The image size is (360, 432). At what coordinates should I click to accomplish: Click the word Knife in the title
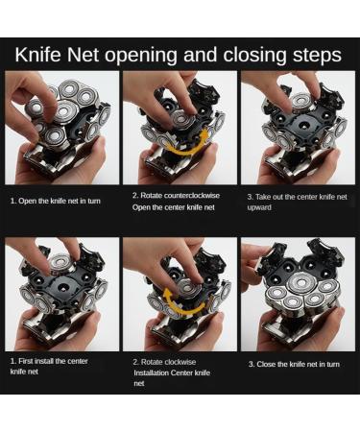tap(37, 55)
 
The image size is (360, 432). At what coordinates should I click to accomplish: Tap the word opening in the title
tap(140, 56)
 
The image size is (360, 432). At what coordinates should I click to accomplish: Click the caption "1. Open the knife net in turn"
tap(56, 201)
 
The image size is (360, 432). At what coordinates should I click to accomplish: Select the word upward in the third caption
tap(259, 207)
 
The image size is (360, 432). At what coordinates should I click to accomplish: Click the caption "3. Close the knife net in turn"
tap(294, 364)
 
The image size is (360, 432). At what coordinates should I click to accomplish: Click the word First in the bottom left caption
tap(26, 361)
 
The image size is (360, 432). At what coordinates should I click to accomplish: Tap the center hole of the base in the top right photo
tap(301, 124)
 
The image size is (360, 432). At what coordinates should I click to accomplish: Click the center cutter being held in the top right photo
tap(300, 102)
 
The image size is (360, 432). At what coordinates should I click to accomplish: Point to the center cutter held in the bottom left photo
tap(60, 263)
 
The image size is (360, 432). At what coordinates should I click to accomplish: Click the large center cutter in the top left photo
tap(66, 112)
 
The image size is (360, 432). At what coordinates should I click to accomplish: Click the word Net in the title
tap(84, 55)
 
